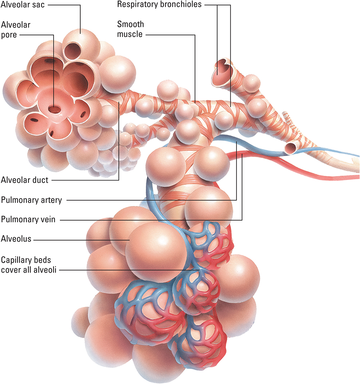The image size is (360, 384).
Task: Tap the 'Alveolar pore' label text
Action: click(16, 30)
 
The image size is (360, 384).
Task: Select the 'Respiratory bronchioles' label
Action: click(165, 5)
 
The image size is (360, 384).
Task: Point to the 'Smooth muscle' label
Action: click(130, 29)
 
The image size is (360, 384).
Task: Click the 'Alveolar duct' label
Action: click(25, 180)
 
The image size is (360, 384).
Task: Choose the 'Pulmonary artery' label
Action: click(32, 200)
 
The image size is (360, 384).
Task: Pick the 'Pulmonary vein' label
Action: click(28, 219)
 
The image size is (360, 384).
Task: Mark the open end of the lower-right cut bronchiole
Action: click(290, 148)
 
